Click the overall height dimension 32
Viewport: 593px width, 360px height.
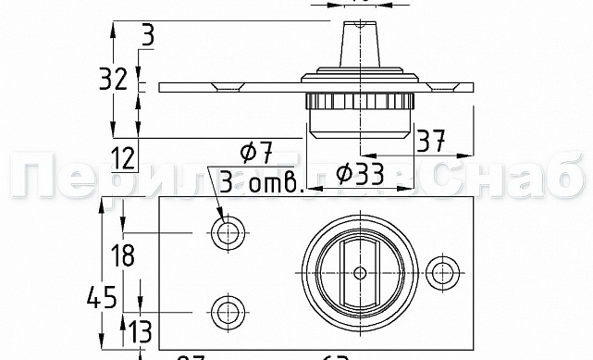[114, 80]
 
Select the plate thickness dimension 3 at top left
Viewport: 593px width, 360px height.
[148, 36]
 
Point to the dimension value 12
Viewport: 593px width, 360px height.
[123, 158]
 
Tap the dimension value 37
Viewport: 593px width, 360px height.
[430, 141]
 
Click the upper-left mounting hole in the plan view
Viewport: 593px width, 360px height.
[226, 231]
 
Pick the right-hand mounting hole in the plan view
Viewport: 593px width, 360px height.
[445, 271]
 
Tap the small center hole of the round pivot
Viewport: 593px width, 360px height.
[360, 272]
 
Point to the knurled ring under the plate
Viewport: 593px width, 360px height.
[360, 101]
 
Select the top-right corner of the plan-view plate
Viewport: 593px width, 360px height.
[474, 196]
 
